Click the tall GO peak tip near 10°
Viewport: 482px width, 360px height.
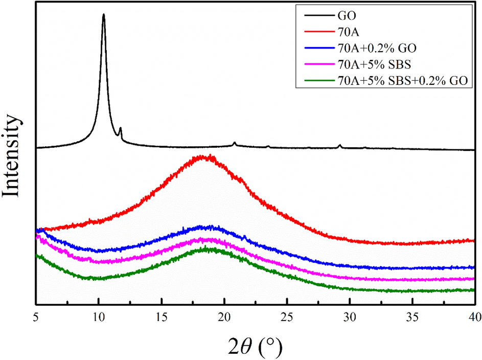coord(104,15)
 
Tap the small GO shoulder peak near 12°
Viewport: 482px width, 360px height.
coord(120,128)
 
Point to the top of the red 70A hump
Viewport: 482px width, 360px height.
coord(203,156)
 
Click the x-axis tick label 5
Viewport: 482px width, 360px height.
coord(36,316)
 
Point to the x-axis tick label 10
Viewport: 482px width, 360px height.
coord(99,316)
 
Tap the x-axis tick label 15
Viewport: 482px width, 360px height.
coord(162,316)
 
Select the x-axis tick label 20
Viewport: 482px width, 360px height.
coord(224,316)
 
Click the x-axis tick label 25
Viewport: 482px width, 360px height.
coord(287,316)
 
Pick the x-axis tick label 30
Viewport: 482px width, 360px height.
coord(350,316)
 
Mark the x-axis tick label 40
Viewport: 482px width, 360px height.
coord(474,316)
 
